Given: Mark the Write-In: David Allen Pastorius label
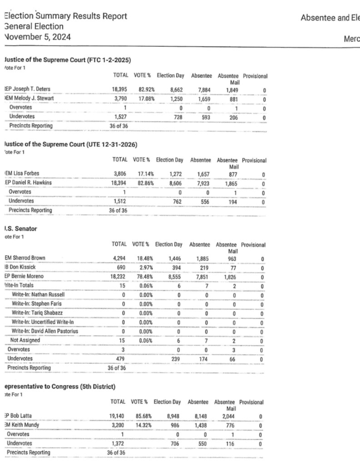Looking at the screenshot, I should click(45, 331).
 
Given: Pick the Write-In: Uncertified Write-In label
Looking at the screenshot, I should click(43, 322).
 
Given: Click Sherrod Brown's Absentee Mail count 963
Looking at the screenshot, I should click(233, 259).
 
